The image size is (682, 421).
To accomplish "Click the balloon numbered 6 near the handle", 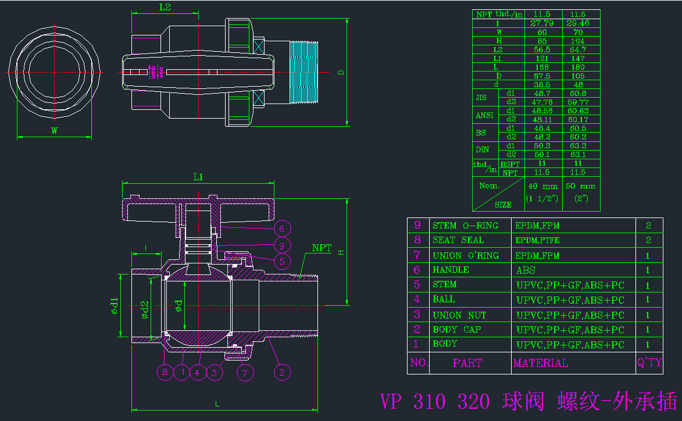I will tap(281, 229).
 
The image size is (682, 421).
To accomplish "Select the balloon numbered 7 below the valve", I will tap(245, 372).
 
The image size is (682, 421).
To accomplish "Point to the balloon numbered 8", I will tap(166, 372).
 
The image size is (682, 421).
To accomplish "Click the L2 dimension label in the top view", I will tap(165, 8).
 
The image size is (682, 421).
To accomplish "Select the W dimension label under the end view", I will tap(54, 131).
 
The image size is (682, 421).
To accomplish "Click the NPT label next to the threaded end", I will tap(322, 248).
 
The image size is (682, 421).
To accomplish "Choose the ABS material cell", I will tap(526, 270).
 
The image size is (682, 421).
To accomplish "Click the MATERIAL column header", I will tap(541, 363).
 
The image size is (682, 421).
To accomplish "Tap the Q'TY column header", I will tap(649, 363).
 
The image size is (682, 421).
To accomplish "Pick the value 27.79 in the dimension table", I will tap(542, 23).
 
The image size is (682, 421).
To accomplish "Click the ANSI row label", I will tap(484, 115).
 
